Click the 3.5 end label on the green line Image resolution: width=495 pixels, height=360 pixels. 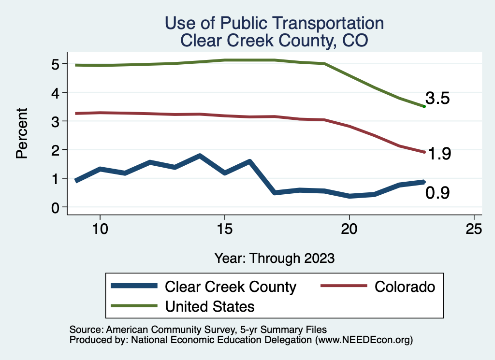[x=437, y=99]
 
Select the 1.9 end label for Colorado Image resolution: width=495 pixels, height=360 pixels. [x=439, y=154]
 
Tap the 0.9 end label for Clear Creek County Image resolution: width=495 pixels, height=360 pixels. [x=437, y=193]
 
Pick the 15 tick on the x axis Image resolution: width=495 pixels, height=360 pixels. [x=224, y=229]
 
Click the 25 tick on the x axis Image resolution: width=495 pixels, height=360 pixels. [x=474, y=229]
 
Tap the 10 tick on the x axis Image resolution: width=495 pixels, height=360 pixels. [x=100, y=229]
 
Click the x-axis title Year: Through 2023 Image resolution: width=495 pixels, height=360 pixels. [x=274, y=258]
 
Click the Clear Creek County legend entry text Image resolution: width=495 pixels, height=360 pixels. [x=231, y=287]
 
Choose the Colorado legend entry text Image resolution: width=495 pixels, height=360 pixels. [x=405, y=287]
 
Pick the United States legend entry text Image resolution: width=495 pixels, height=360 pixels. [x=210, y=306]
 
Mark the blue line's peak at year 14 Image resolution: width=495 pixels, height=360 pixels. [x=200, y=156]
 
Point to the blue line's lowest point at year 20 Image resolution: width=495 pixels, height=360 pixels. [x=349, y=196]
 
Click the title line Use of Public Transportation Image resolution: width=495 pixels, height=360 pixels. [x=274, y=23]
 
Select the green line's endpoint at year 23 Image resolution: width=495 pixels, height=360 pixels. [x=424, y=106]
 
